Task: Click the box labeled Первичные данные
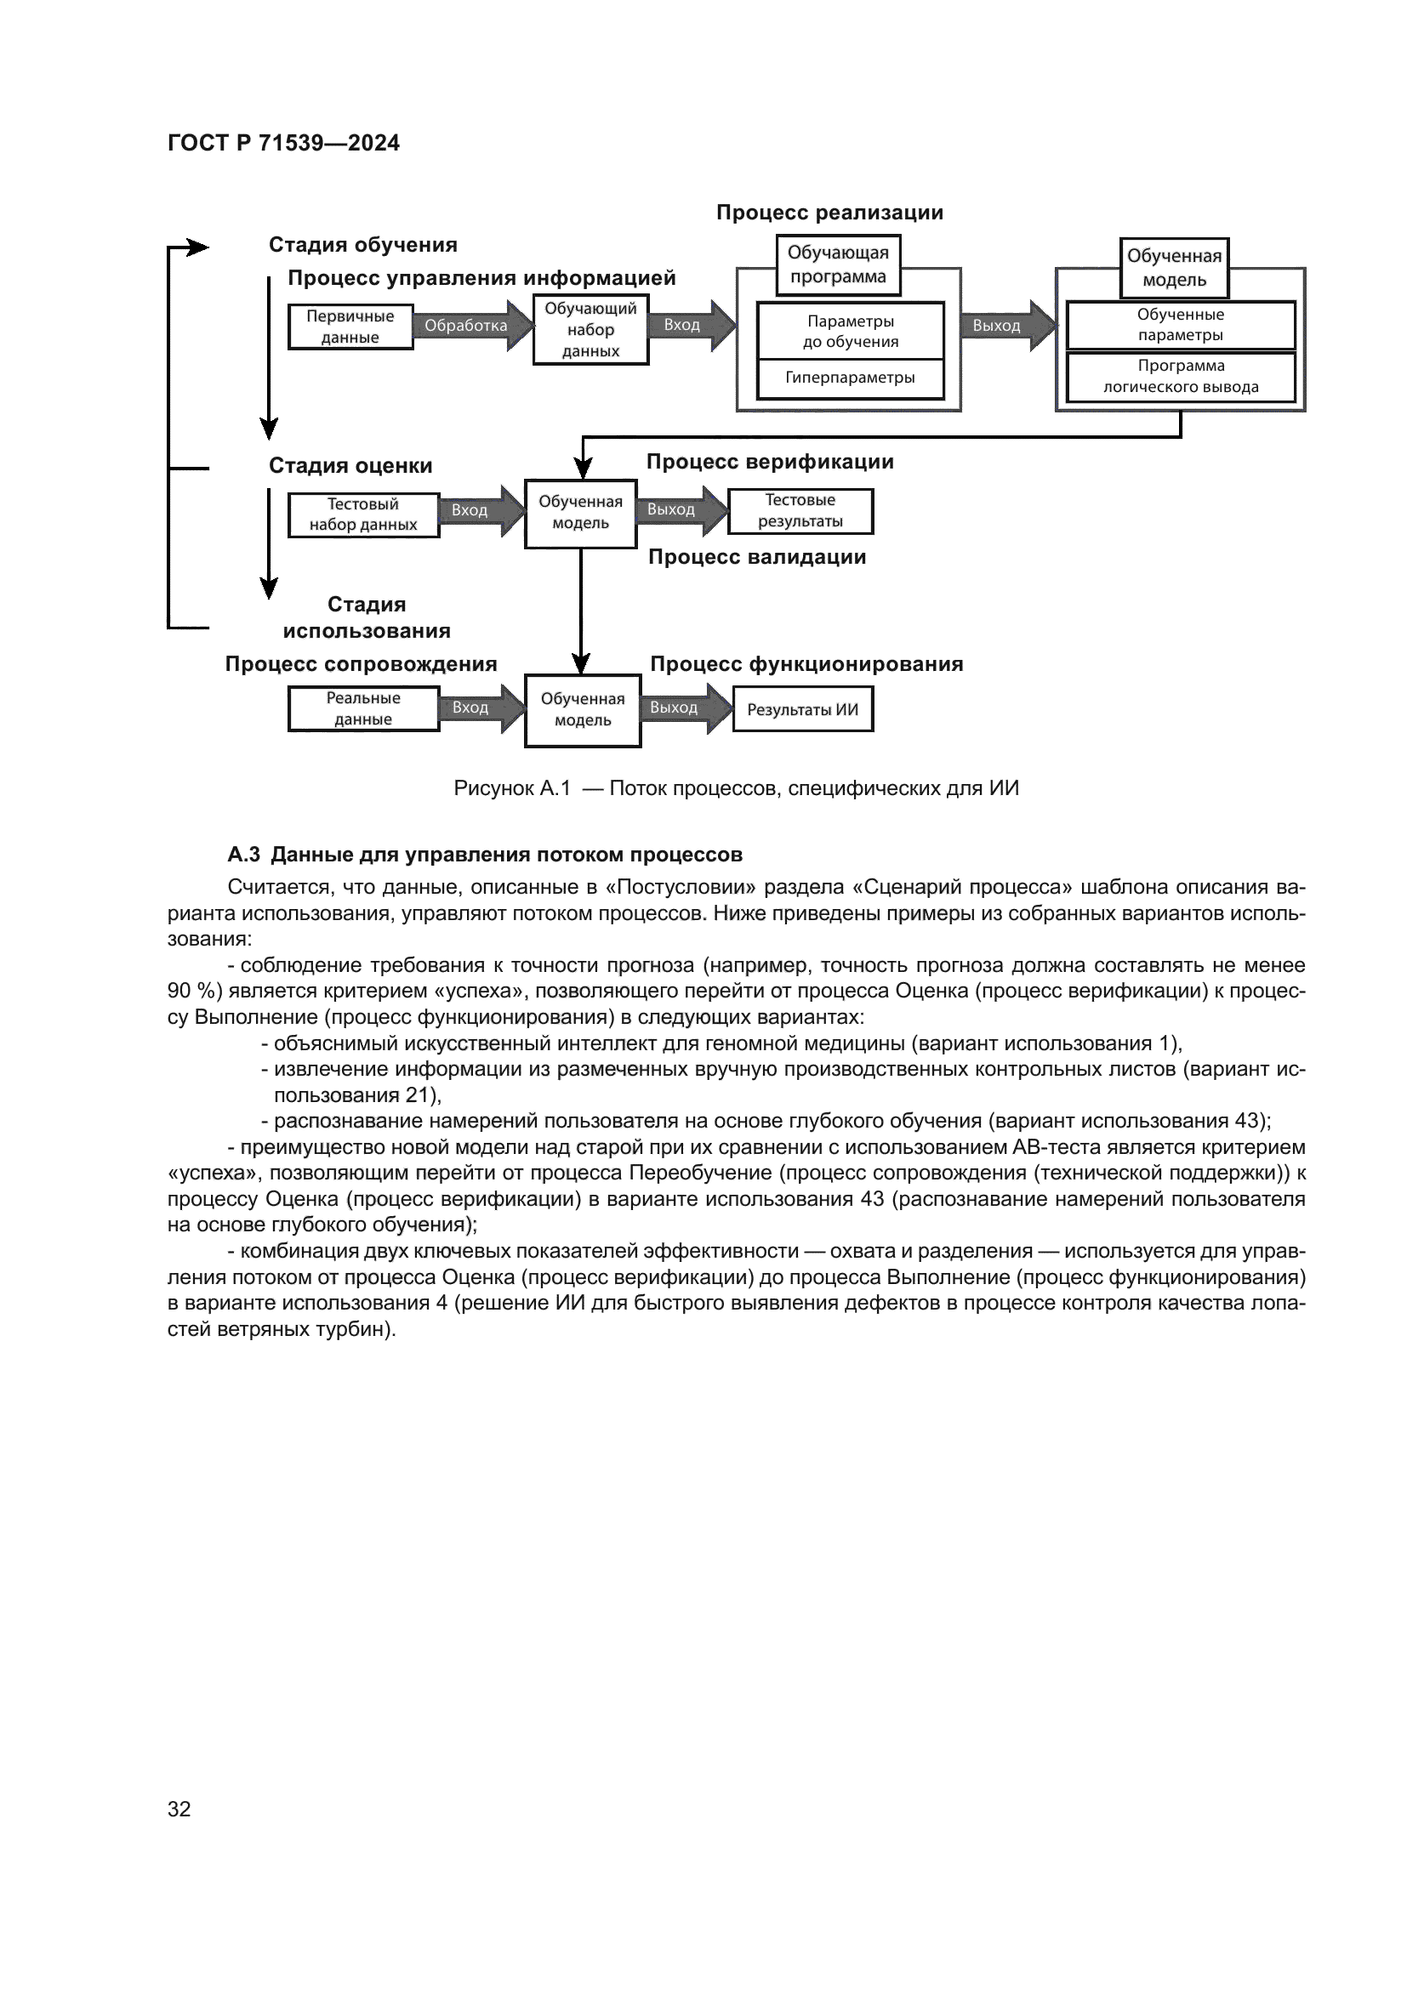[x=350, y=327]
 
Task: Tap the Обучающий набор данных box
[x=590, y=330]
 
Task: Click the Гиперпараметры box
[x=850, y=378]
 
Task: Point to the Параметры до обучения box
[x=850, y=331]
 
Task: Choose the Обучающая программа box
[x=838, y=265]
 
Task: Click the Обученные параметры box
[x=1180, y=325]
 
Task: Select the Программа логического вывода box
[x=1180, y=377]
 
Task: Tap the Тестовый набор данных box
[x=363, y=514]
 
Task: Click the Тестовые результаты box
[x=800, y=511]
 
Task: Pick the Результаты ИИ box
[x=802, y=709]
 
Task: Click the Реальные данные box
[x=363, y=708]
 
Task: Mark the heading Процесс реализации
[x=829, y=213]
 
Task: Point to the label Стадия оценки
[x=350, y=466]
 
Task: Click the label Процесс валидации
[x=757, y=557]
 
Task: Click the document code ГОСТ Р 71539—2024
[x=283, y=143]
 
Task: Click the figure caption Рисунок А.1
[x=512, y=788]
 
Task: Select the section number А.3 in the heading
[x=243, y=855]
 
